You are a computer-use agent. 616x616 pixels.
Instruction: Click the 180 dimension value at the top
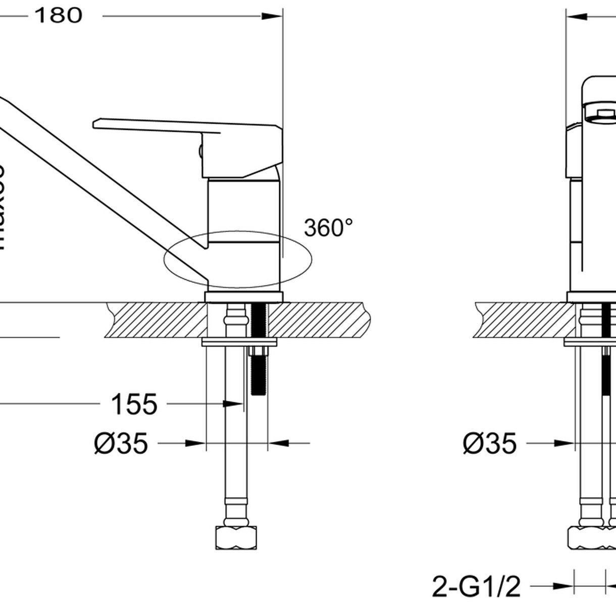tap(58, 16)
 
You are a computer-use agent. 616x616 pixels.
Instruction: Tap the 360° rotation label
tap(328, 228)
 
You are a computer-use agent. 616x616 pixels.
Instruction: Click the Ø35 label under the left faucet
tap(121, 444)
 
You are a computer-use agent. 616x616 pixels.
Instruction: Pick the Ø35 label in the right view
tap(490, 444)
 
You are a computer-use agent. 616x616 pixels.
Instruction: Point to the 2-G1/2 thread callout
tap(476, 587)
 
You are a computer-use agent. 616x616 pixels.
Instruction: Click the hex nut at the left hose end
tap(236, 537)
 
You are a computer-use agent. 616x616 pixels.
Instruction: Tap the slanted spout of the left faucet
tap(101, 172)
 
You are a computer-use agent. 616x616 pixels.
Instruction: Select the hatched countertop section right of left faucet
tap(318, 320)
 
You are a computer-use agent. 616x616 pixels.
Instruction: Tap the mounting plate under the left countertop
tap(239, 342)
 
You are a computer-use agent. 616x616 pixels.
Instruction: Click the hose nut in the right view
tap(586, 538)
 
